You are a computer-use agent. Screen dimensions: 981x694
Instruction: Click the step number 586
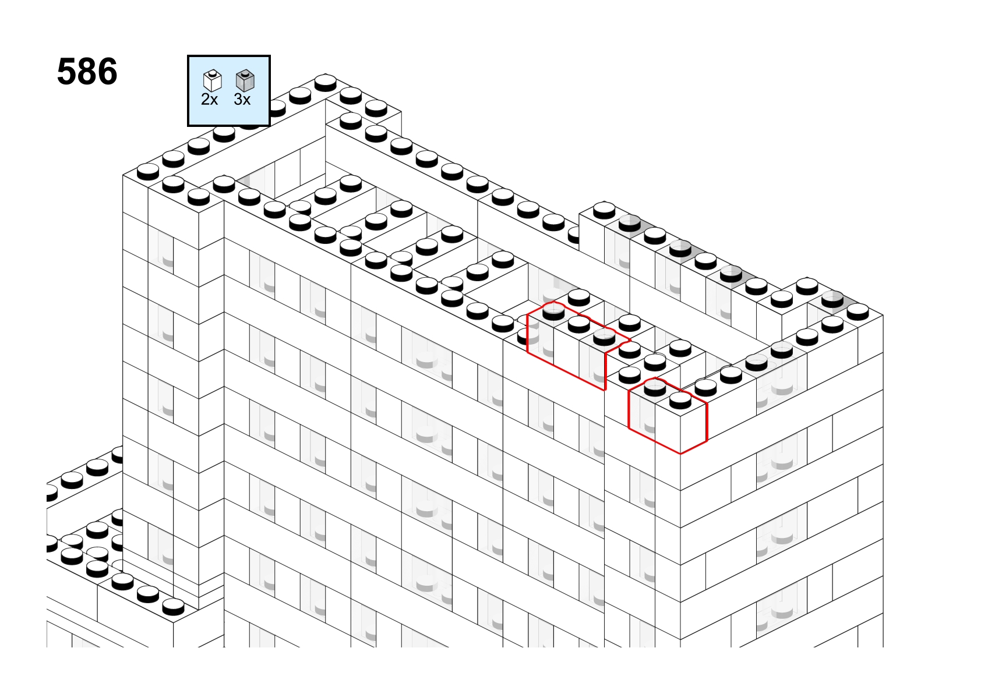pos(87,72)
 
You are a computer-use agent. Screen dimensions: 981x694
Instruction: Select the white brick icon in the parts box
pos(213,81)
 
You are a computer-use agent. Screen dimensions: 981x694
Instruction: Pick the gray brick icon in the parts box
pos(245,81)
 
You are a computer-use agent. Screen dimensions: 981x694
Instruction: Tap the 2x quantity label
pos(209,100)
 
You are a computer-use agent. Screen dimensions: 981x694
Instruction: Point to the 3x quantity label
pos(242,100)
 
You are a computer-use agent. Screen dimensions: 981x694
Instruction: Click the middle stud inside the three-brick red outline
pos(579,324)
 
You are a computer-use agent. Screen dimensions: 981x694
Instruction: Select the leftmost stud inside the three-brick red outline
pos(553,312)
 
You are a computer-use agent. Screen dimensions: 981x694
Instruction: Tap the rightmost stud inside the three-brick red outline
pos(604,337)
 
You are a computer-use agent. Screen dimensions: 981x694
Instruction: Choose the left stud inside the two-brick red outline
pos(655,388)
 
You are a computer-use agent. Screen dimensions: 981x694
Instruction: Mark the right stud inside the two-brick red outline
pos(680,401)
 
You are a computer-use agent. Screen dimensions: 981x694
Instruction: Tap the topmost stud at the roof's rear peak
pos(326,82)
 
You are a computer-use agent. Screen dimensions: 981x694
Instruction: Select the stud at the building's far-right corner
pos(858,312)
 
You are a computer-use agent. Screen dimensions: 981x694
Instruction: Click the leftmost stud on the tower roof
pos(148,172)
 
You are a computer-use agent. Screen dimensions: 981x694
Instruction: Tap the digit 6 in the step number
pos(108,72)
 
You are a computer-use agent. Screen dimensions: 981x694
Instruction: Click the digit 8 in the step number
pos(87,72)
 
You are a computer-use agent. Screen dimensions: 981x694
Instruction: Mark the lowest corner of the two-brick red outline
pos(680,454)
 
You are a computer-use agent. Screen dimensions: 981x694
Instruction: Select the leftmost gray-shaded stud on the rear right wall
pos(630,223)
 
